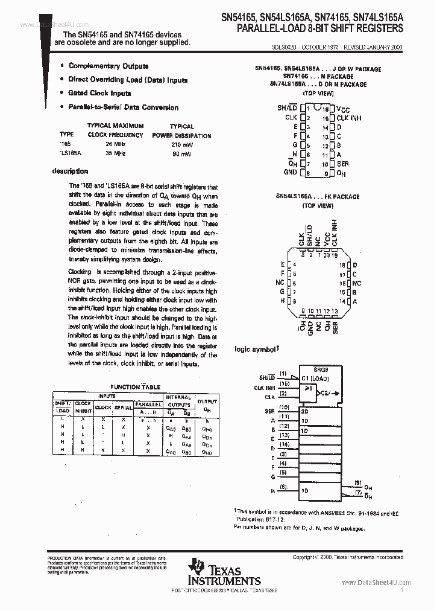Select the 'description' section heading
click(70, 171)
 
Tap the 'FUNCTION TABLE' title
click(135, 387)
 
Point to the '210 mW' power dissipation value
click(181, 145)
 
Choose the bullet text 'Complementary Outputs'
click(108, 66)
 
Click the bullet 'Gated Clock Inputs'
click(99, 94)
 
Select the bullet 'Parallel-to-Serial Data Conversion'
click(124, 107)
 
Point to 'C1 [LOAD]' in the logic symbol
click(315, 379)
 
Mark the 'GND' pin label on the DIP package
click(290, 172)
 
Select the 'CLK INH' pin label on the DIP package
click(349, 118)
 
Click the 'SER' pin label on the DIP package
click(342, 164)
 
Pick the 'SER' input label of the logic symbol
click(270, 411)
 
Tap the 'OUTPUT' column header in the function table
click(207, 401)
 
